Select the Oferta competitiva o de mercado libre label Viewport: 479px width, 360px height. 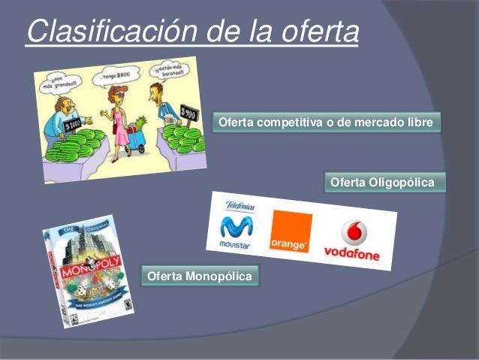point(326,122)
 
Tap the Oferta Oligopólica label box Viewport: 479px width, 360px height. point(382,183)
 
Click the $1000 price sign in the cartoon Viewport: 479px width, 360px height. point(73,124)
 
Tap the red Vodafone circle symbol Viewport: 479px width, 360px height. point(353,233)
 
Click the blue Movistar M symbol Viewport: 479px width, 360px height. point(236,226)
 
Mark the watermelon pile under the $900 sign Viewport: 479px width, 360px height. point(183,139)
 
